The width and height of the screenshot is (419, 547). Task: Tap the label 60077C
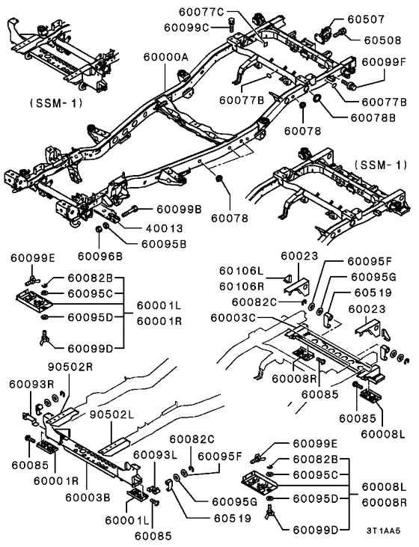(200, 11)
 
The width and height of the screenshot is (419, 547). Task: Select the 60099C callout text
(186, 27)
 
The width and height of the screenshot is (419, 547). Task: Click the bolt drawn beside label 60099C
(231, 22)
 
